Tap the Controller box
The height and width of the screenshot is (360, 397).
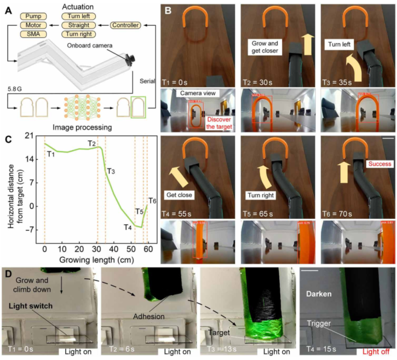125,25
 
